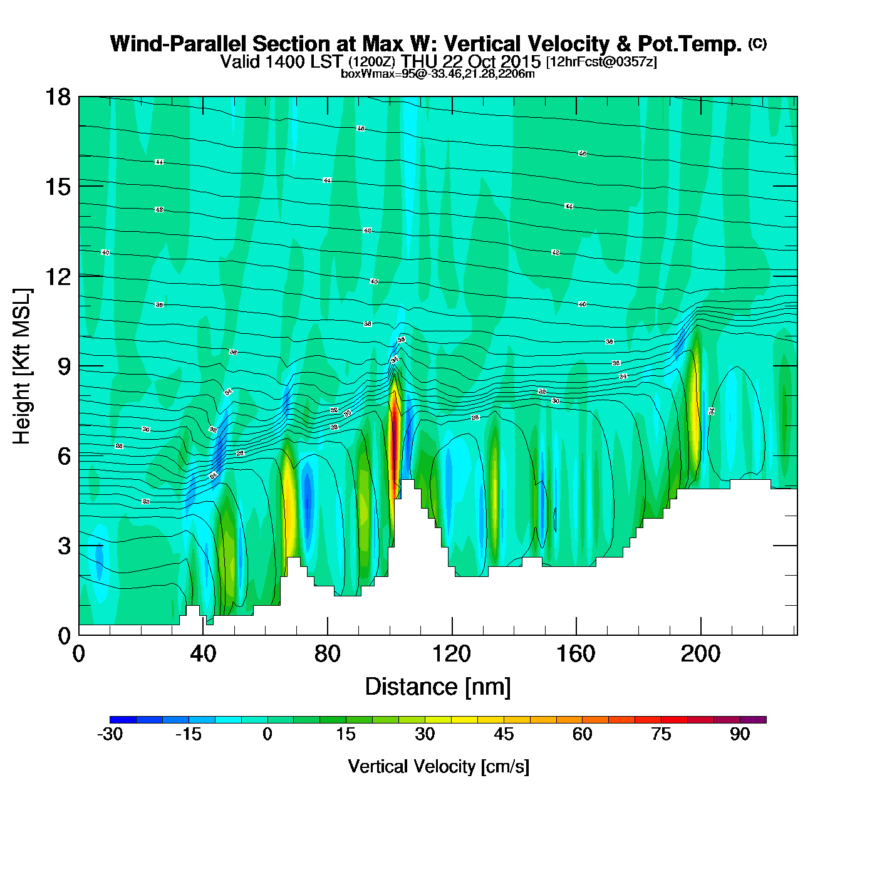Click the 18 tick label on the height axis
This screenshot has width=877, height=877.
click(x=57, y=97)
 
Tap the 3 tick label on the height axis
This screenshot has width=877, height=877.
click(x=64, y=546)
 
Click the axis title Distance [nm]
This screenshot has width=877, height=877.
click(x=438, y=687)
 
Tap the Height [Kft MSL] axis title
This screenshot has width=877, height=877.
click(x=22, y=366)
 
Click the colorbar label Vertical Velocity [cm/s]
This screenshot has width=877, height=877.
click(x=438, y=766)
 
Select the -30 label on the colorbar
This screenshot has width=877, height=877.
click(x=110, y=734)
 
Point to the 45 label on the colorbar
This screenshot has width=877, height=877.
click(x=504, y=734)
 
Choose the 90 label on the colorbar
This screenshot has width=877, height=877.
click(x=740, y=734)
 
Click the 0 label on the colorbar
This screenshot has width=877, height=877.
click(x=267, y=734)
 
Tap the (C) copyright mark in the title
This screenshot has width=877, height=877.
click(x=757, y=43)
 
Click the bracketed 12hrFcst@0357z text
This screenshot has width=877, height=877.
click(x=601, y=62)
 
